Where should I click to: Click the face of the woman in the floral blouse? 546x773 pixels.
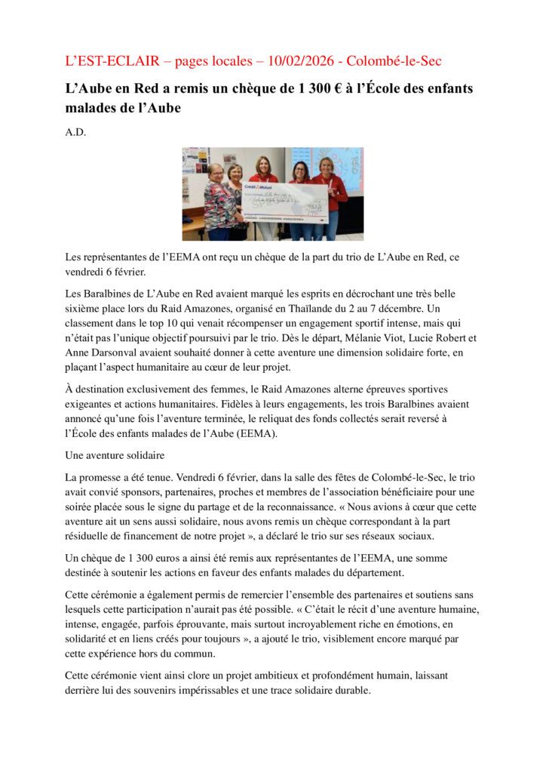click(215, 171)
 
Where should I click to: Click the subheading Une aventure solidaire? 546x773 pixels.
click(115, 455)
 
